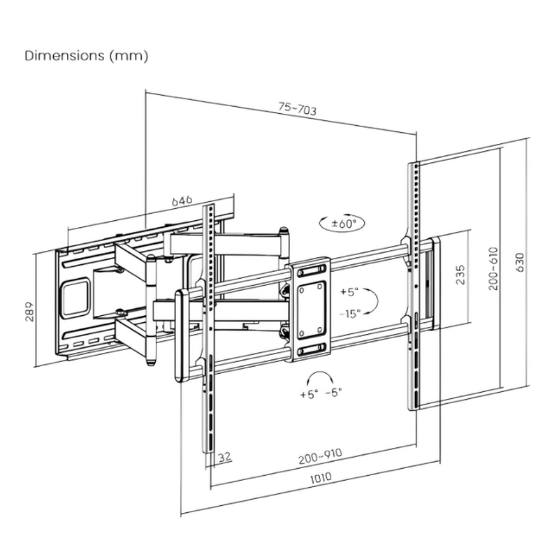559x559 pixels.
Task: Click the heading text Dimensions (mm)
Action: (x=87, y=56)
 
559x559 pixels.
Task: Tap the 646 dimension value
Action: (x=182, y=201)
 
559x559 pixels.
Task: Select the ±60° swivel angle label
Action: (x=343, y=224)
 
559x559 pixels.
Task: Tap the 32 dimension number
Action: (x=225, y=458)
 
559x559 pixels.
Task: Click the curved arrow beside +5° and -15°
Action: (x=375, y=302)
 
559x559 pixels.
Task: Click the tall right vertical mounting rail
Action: (x=413, y=286)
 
